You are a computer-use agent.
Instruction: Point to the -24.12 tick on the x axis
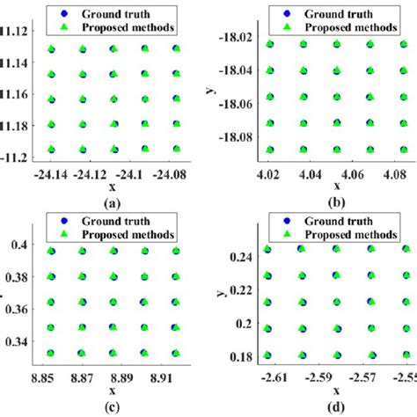(85, 172)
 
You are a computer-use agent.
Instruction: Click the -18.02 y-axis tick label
(241, 38)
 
